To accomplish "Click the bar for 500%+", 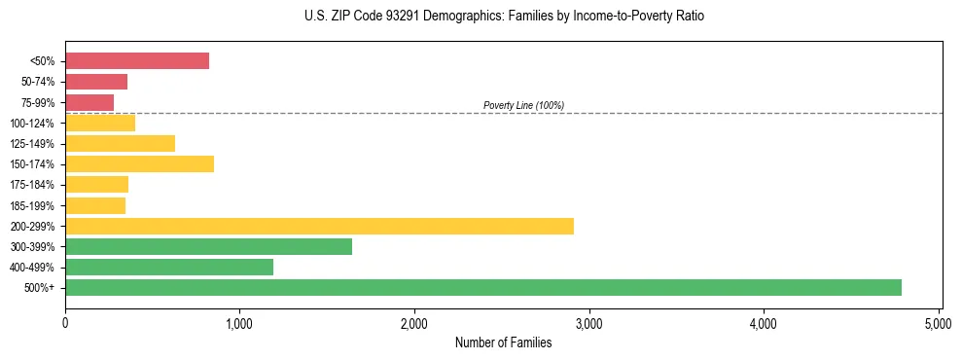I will tap(483, 287).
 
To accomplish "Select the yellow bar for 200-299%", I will tap(329, 226).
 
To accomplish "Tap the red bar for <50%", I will tap(137, 61).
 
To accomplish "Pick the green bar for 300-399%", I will tap(208, 246).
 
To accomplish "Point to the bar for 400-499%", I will tap(169, 267).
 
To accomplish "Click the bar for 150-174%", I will tap(139, 164).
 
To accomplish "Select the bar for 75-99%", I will tap(89, 102).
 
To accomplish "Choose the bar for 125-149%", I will tap(120, 144).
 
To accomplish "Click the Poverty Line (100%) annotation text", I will tap(523, 105).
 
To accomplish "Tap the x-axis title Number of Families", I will tap(503, 342).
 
